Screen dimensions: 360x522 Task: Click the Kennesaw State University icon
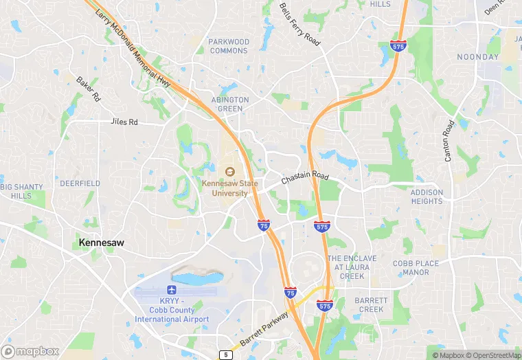click(229, 171)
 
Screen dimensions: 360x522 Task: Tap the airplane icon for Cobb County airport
click(172, 289)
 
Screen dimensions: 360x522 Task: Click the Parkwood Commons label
click(229, 46)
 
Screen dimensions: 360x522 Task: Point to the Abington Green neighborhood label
click(230, 104)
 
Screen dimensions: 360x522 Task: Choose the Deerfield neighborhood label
click(80, 183)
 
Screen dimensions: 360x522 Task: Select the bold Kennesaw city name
click(101, 243)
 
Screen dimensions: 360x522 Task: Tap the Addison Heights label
click(427, 197)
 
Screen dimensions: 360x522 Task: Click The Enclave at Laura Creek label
click(352, 267)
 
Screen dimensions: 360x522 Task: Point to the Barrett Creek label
click(371, 304)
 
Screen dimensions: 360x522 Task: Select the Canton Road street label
click(449, 142)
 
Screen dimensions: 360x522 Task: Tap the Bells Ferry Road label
click(299, 24)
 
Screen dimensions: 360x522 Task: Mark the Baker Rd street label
click(89, 89)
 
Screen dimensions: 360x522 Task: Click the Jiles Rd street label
click(124, 122)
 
